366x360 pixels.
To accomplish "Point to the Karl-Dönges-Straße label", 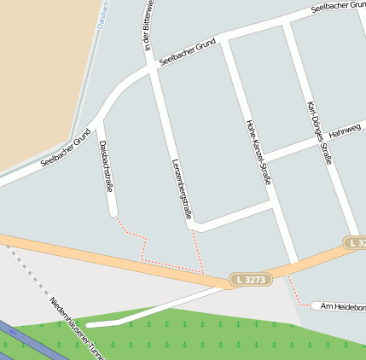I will [x=319, y=133].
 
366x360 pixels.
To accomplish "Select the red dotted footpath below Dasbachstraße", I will [x=141, y=247].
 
